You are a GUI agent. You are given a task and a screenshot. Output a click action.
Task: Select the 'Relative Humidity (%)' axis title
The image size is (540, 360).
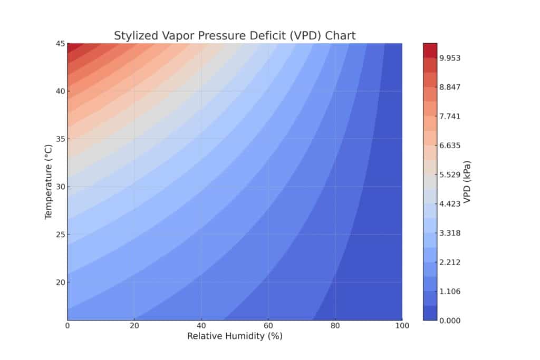(x=235, y=336)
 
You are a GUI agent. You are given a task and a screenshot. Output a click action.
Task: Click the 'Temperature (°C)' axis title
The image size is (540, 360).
(x=49, y=182)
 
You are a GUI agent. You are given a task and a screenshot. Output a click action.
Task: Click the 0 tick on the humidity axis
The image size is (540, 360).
(x=67, y=326)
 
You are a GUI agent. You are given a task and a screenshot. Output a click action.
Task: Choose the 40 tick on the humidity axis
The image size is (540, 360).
(x=201, y=326)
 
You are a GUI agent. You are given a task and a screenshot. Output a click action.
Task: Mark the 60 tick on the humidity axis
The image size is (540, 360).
(x=268, y=326)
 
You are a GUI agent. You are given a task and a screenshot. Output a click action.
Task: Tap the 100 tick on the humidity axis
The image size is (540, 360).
(x=402, y=326)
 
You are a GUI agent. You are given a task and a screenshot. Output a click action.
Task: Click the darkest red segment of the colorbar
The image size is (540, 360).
(x=430, y=50)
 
